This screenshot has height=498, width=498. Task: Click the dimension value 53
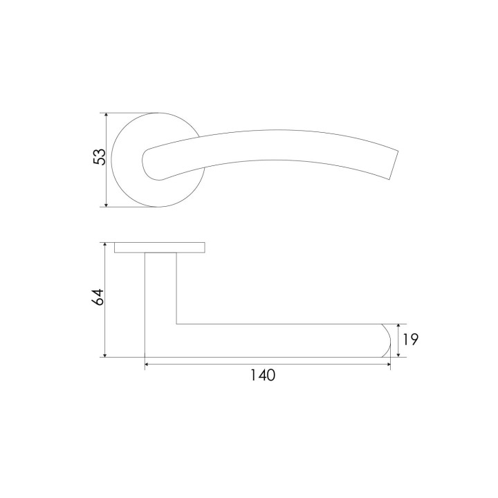[x=99, y=156]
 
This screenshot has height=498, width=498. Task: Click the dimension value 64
[x=98, y=297]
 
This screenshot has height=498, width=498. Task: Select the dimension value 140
[x=263, y=375]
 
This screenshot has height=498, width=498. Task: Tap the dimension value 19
[x=411, y=340]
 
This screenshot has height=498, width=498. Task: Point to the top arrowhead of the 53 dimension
[x=107, y=116]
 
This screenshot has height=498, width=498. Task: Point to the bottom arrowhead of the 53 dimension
[x=107, y=204]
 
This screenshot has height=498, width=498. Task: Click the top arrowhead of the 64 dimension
[x=104, y=245]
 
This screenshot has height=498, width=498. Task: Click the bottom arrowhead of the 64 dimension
[x=104, y=354]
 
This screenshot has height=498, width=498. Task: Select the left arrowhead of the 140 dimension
[x=148, y=364]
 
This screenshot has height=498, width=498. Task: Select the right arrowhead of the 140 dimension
[x=387, y=364]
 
